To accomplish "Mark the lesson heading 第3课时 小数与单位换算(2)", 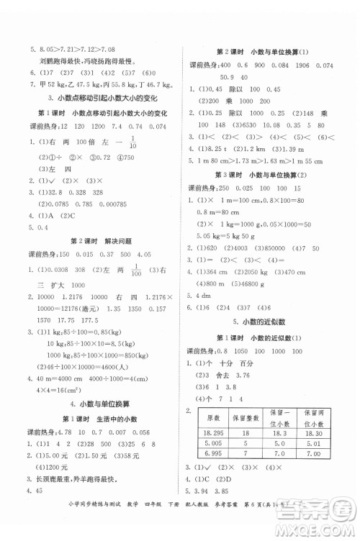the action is click(x=261, y=175).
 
